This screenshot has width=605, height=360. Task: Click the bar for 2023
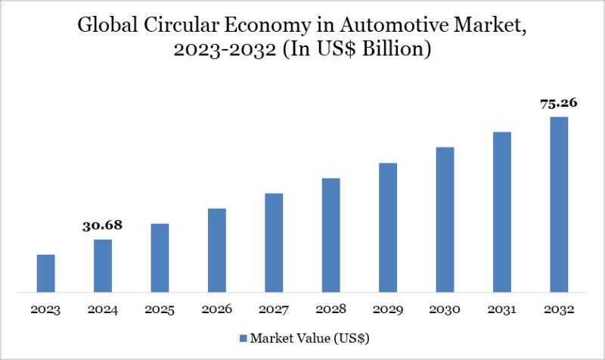(45, 273)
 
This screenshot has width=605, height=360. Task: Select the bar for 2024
(103, 265)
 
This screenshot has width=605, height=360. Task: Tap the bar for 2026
(216, 250)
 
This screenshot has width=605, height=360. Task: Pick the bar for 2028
(330, 234)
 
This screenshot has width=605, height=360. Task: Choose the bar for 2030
(445, 219)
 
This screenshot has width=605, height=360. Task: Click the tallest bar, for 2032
(559, 204)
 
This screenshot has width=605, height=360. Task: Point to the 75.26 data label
(559, 104)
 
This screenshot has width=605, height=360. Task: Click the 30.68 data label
(103, 225)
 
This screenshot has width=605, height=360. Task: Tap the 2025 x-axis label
(160, 310)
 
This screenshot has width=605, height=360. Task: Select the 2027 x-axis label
(274, 310)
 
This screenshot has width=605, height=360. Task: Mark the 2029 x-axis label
(388, 310)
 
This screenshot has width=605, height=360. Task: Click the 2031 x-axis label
(501, 310)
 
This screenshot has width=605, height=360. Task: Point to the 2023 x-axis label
(45, 310)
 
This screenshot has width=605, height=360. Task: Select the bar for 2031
(501, 212)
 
